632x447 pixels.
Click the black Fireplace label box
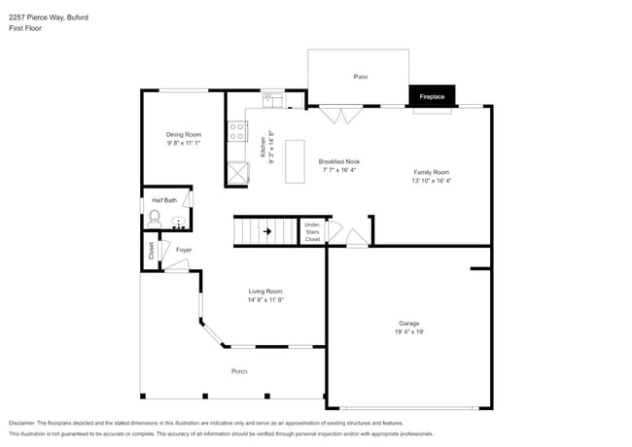tap(432, 96)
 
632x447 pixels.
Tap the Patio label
tap(360, 76)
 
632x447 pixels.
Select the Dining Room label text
tap(183, 135)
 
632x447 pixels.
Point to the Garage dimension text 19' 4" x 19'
tap(408, 332)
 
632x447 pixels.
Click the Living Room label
tap(264, 291)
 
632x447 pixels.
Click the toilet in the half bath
tap(153, 220)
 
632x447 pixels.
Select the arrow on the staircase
tap(267, 232)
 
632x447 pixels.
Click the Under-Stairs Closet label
tap(312, 231)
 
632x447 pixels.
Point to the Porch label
tap(239, 372)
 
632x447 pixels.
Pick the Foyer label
tap(184, 250)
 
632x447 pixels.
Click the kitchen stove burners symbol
tap(235, 129)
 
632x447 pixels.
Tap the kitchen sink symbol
tap(271, 97)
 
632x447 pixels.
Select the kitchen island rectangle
tap(296, 160)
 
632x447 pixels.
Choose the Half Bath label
tap(164, 200)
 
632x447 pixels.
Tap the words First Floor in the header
tap(25, 28)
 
